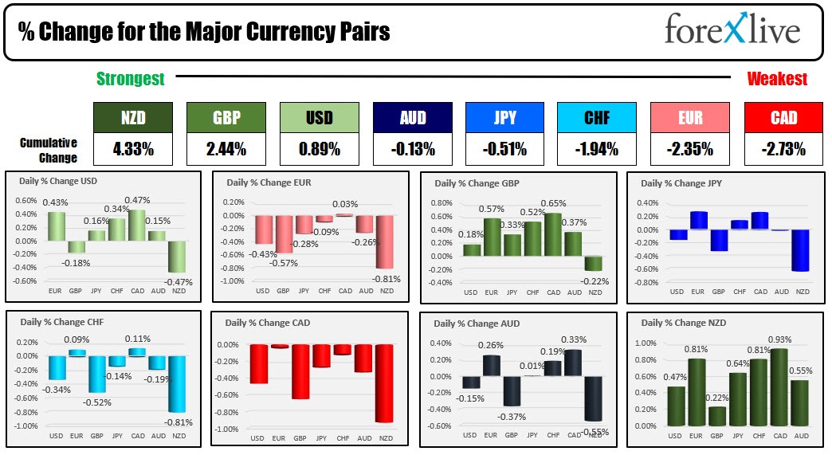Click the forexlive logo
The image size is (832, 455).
[x=732, y=31]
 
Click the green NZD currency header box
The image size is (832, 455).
[x=132, y=118]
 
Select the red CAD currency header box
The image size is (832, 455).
[x=783, y=118]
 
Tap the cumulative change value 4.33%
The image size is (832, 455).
[x=132, y=148]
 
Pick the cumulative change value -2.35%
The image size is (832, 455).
[x=690, y=148]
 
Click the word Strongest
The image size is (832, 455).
[x=131, y=79]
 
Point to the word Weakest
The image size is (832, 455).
[x=776, y=79]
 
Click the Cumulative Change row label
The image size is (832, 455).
[x=49, y=148]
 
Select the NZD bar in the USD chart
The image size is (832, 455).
[x=176, y=257]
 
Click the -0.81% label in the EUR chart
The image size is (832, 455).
[x=387, y=279]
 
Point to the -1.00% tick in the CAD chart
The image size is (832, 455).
[x=228, y=429]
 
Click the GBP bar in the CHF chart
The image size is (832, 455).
[x=96, y=375]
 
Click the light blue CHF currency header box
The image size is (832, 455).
[x=597, y=118]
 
